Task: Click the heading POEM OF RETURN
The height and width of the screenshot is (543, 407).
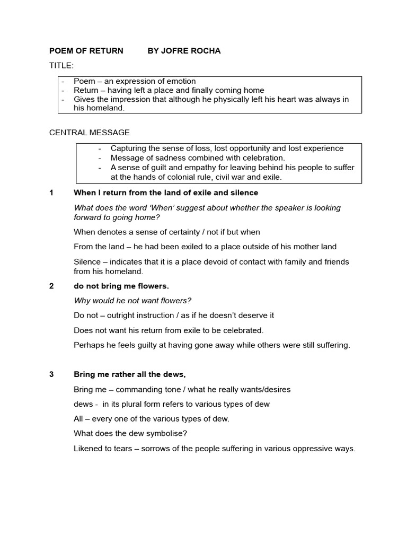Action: click(x=86, y=51)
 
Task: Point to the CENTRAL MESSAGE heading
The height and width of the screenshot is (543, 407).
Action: click(x=89, y=132)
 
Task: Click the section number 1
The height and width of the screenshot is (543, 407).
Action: click(x=51, y=192)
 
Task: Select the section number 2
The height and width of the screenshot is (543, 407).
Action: click(x=51, y=286)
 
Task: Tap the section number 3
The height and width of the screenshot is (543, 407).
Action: click(x=51, y=374)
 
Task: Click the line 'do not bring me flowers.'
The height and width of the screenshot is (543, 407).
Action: click(x=121, y=286)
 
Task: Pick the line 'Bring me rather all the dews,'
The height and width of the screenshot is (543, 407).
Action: click(x=129, y=374)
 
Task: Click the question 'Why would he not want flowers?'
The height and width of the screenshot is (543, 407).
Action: click(x=132, y=301)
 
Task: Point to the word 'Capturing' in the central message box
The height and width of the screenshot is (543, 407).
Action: click(x=128, y=148)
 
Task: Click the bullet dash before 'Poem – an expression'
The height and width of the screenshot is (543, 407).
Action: click(x=63, y=82)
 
